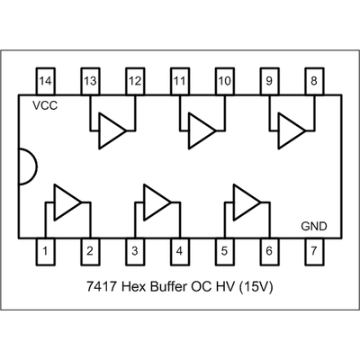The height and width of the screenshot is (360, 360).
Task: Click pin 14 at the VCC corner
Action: pyautogui.click(x=45, y=82)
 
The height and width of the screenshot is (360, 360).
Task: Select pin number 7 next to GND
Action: pyautogui.click(x=314, y=252)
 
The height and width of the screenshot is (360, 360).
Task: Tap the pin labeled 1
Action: pyautogui.click(x=45, y=252)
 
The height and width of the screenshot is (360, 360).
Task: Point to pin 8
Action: pyautogui.click(x=314, y=82)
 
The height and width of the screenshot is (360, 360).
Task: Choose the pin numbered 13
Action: pyautogui.click(x=90, y=82)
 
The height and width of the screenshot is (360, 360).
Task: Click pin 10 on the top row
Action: pyautogui.click(x=225, y=82)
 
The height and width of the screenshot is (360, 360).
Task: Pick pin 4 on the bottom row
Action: pyautogui.click(x=180, y=252)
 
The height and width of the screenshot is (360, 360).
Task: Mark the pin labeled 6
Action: pyautogui.click(x=269, y=252)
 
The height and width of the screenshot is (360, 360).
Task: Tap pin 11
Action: pyautogui.click(x=180, y=82)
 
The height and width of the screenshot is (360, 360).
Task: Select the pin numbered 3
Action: pyautogui.click(x=135, y=252)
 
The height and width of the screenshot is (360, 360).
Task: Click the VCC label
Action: pyautogui.click(x=45, y=105)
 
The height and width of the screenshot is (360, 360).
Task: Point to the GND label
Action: pyautogui.click(x=314, y=226)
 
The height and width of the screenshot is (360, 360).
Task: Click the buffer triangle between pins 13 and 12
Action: pyautogui.click(x=112, y=130)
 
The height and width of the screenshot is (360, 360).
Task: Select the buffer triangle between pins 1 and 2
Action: pyautogui.click(x=67, y=202)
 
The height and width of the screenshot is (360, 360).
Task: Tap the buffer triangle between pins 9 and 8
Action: pyautogui.click(x=291, y=130)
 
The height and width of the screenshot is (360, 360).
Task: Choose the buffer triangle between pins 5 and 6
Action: pyautogui.click(x=247, y=202)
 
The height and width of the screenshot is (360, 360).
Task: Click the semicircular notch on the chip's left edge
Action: pyautogui.click(x=37, y=166)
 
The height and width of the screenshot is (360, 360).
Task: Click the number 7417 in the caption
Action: pyautogui.click(x=102, y=287)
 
